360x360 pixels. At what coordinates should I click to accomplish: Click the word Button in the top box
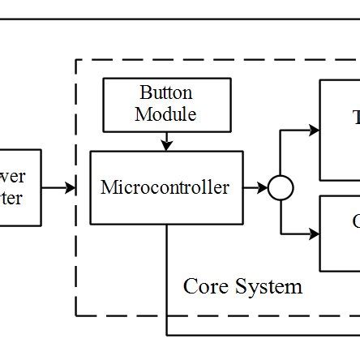[x=165, y=93]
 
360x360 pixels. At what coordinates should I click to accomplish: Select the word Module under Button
[x=165, y=114]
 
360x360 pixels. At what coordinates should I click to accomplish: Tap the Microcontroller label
[x=165, y=187]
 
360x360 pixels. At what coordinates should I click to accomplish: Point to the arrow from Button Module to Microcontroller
[x=165, y=143]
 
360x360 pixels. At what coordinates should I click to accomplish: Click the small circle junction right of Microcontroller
[x=281, y=188]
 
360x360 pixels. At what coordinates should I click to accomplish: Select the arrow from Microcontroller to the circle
[x=258, y=188]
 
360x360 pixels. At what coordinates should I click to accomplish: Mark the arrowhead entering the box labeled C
[x=315, y=235]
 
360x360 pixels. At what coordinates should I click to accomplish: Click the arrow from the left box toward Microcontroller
[x=60, y=188]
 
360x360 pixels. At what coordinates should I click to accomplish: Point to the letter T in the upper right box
[x=355, y=118]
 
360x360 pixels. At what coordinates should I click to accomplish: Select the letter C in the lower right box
[x=355, y=221]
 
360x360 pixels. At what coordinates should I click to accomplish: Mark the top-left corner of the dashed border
[x=76, y=60]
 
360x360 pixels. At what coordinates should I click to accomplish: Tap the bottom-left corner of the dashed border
[x=76, y=315]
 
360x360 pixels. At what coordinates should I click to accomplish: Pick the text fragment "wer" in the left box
[x=12, y=177]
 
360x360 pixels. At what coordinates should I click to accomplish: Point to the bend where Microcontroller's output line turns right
[x=168, y=334]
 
